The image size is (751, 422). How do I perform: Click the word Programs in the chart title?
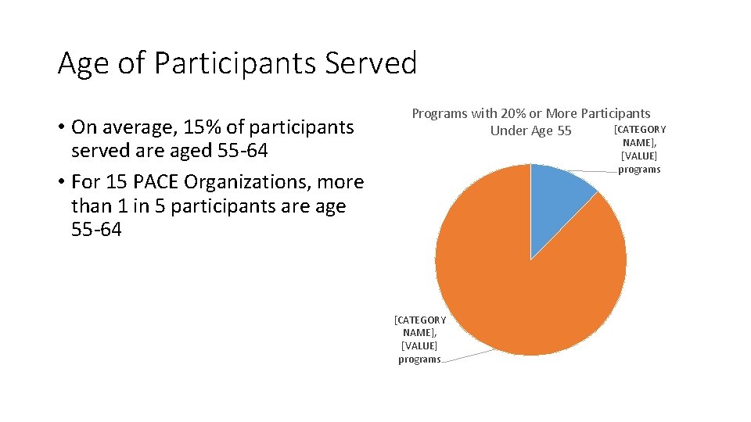(439, 114)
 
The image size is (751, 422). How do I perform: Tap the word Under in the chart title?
(508, 131)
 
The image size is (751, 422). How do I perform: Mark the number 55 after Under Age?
(564, 131)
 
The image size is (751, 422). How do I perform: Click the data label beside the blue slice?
(639, 149)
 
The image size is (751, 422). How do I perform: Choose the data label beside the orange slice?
(419, 339)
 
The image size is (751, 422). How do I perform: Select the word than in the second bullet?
(91, 206)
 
